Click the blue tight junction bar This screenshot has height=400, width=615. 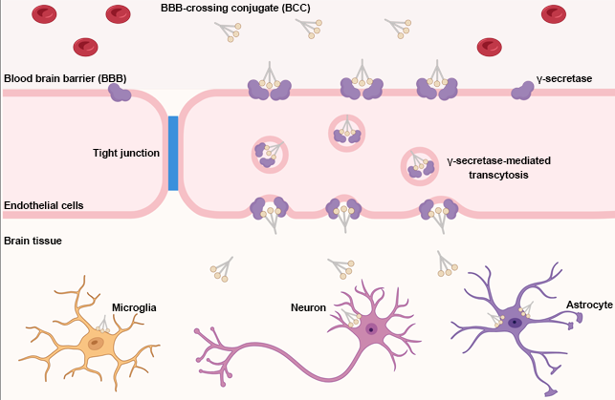(x=173, y=153)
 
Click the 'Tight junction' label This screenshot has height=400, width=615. (x=126, y=153)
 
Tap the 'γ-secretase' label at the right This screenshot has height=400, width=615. (x=564, y=78)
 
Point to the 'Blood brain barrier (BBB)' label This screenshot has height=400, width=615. (x=65, y=78)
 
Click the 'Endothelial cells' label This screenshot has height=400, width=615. (x=43, y=205)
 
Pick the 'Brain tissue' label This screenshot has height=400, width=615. (x=33, y=241)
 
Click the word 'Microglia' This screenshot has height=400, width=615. (x=134, y=307)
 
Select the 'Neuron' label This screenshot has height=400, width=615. (x=308, y=307)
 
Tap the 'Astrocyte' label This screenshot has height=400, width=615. (x=589, y=304)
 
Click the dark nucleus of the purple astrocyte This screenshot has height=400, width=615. (x=516, y=323)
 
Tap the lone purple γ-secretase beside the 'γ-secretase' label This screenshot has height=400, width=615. (x=522, y=90)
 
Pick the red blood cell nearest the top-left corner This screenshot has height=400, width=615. (x=44, y=13)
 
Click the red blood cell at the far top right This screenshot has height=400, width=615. (x=553, y=13)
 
